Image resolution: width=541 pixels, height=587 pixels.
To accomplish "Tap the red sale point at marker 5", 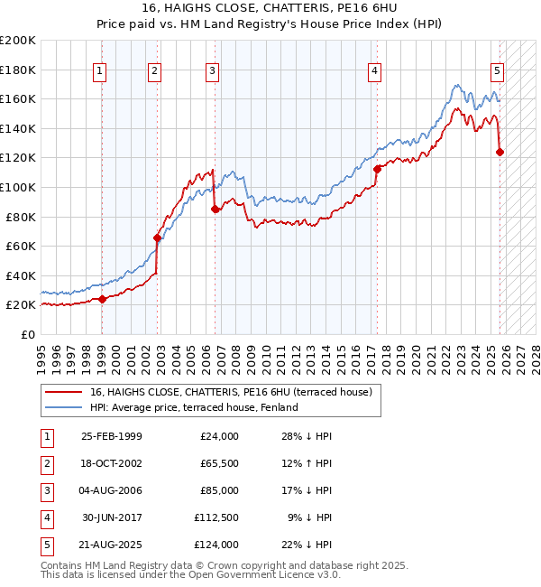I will coord(500,152).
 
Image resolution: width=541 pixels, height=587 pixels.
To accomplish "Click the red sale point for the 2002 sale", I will coord(157,238).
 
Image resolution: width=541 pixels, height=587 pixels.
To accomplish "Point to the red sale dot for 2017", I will coord(377,169).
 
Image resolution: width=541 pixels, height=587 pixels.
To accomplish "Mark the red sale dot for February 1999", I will coord(102,299).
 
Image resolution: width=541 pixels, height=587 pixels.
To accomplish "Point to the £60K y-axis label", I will coord(21,246).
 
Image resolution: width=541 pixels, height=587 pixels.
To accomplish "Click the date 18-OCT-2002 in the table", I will coord(112,463).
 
